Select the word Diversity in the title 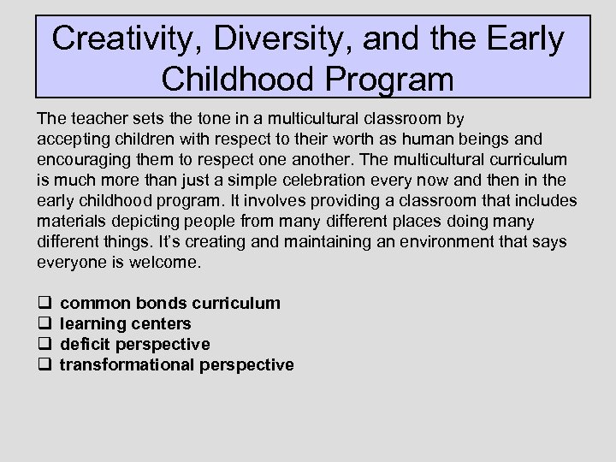click(271, 39)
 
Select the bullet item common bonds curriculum click(170, 303)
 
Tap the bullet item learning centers click(126, 323)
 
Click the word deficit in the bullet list click(86, 344)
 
